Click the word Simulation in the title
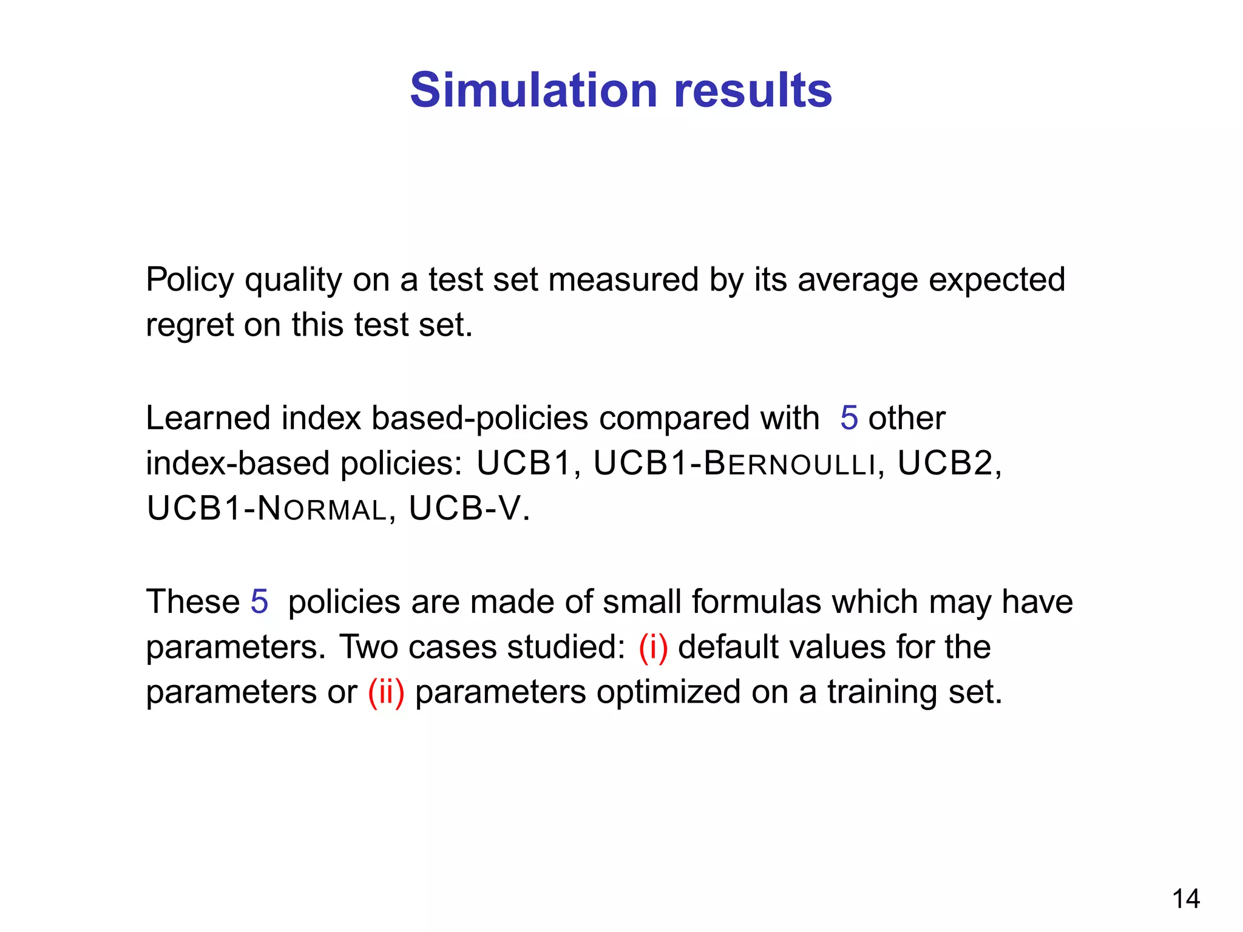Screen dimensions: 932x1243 pos(533,90)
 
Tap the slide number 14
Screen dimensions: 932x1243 pos(1185,899)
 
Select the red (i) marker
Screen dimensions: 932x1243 pos(653,647)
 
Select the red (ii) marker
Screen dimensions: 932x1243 pos(386,692)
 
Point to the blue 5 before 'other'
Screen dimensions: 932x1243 pos(848,418)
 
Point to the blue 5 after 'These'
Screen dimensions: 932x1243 pos(259,602)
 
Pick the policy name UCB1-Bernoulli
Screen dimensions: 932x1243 pos(734,464)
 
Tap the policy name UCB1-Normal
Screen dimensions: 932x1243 pos(267,508)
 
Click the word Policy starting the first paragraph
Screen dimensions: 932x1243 pos(190,280)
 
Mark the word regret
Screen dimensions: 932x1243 pos(189,326)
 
